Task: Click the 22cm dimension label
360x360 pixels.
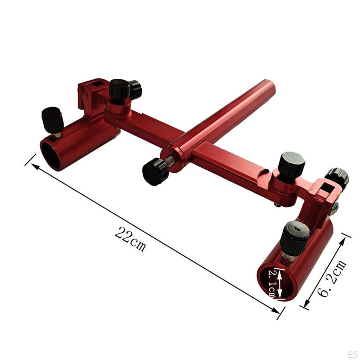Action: coord(130,239)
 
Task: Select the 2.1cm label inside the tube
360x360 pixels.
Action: coord(273,283)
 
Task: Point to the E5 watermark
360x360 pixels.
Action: coord(352,353)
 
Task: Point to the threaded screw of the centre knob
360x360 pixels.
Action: coord(170,161)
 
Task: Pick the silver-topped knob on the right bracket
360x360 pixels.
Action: coord(337,176)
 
